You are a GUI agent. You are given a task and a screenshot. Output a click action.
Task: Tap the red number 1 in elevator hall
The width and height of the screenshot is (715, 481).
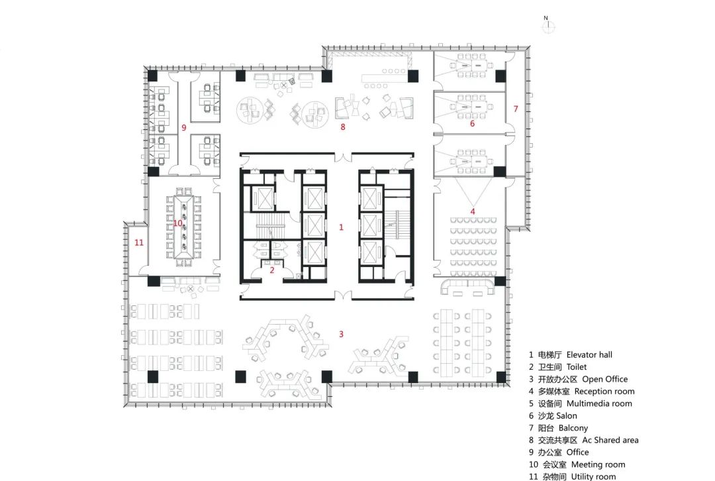tap(341, 227)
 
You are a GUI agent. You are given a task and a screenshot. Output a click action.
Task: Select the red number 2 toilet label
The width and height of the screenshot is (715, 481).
tap(271, 270)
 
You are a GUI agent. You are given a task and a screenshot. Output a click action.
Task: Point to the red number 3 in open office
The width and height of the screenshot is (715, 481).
tap(341, 334)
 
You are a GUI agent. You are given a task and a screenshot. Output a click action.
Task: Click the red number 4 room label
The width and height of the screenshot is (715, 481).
tap(473, 212)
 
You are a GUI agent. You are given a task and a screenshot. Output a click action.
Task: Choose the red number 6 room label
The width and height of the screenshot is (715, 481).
tap(472, 123)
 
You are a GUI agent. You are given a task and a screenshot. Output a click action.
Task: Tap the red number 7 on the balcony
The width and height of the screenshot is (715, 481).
tap(516, 107)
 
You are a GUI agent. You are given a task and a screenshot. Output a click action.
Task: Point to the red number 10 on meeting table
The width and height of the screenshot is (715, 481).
tap(177, 223)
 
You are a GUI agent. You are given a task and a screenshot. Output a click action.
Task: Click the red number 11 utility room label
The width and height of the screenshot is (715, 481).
tap(138, 242)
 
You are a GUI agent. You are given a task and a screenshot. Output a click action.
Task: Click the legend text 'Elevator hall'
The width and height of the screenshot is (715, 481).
tap(589, 355)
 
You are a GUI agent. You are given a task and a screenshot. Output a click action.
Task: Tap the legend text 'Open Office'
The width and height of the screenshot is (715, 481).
tap(604, 379)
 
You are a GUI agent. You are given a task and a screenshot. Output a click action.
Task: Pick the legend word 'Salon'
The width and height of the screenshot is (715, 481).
tap(566, 416)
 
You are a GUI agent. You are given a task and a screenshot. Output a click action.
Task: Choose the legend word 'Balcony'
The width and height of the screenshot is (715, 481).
tap(573, 428)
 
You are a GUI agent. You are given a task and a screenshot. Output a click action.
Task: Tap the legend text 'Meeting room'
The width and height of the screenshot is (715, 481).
tap(598, 464)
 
